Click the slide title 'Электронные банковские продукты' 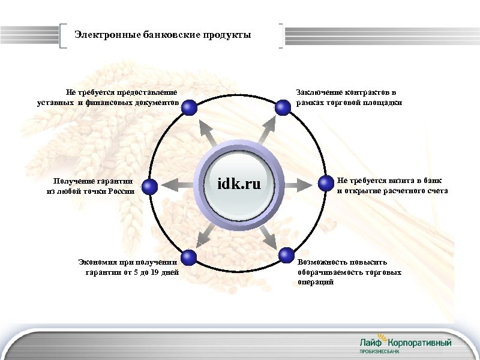point(163,35)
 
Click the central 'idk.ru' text point(239,183)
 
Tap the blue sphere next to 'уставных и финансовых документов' point(189,108)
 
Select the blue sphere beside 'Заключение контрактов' point(283,108)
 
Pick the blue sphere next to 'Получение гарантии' point(151,187)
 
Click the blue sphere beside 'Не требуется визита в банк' point(326,183)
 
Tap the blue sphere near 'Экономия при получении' point(189,258)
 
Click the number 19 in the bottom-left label point(155,272)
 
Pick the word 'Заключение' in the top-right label point(316,92)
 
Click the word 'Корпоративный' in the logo point(421,342)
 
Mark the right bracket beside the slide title point(281,35)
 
